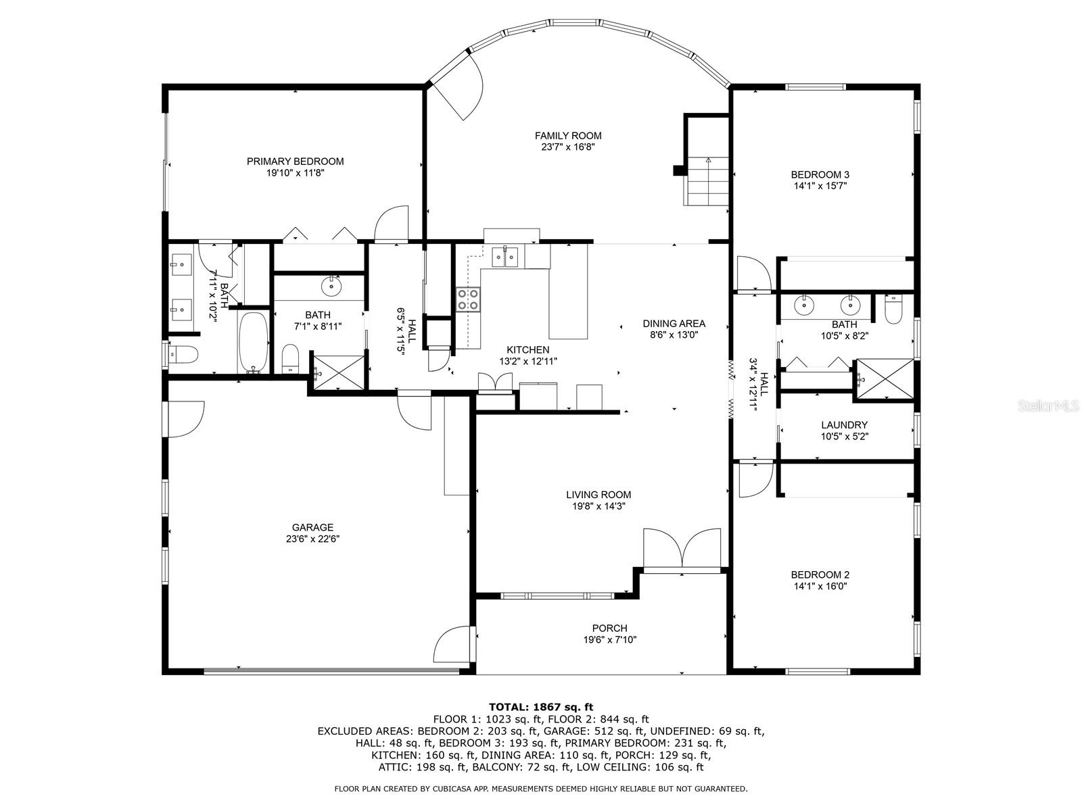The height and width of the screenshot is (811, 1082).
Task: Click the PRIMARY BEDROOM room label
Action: (x=295, y=162)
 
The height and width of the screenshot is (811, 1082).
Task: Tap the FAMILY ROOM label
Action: (x=568, y=135)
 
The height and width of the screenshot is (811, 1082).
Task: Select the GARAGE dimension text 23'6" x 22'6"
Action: (x=312, y=539)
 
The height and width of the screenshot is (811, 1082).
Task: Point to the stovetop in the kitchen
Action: (x=468, y=299)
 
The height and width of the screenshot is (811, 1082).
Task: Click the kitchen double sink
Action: (x=504, y=257)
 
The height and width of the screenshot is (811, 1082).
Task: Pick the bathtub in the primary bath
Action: (x=254, y=342)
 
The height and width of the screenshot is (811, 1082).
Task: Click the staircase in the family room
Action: (x=706, y=180)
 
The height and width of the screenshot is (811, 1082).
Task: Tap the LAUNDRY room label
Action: (x=845, y=424)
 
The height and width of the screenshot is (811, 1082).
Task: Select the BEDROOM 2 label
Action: (x=820, y=574)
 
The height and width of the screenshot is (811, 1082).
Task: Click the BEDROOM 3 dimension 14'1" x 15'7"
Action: (x=820, y=186)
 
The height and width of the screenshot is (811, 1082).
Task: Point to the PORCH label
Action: (x=610, y=629)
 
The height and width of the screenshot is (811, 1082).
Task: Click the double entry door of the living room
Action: (x=682, y=549)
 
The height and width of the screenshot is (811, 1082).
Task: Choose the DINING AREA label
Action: (x=674, y=324)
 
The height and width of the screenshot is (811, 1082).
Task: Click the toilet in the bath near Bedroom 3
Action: (x=893, y=309)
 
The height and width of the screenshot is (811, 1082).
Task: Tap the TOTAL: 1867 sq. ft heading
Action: (x=541, y=707)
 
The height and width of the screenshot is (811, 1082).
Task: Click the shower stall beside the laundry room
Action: (x=885, y=380)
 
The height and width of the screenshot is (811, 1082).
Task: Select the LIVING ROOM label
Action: (x=598, y=495)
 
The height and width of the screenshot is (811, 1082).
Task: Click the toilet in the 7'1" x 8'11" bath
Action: (x=290, y=358)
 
